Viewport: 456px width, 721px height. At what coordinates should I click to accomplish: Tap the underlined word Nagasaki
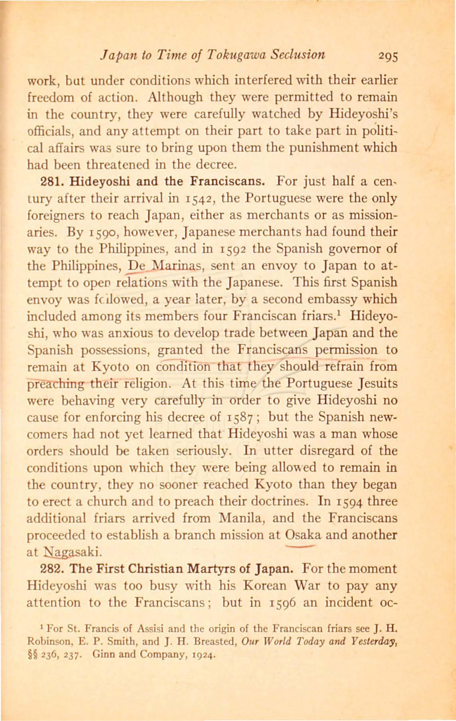[x=74, y=552]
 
